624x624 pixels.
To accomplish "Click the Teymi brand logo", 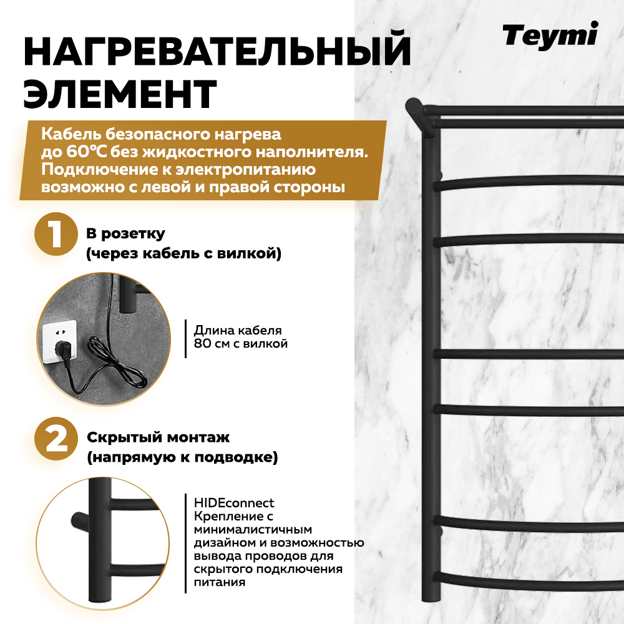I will pyautogui.click(x=550, y=35).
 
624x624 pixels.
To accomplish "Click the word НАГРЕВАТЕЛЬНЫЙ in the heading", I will pyautogui.click(x=217, y=52).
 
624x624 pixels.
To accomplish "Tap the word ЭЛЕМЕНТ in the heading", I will pyautogui.click(x=120, y=95).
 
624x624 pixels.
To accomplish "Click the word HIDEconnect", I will pyautogui.click(x=234, y=503).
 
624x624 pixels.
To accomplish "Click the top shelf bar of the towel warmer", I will pyautogui.click(x=518, y=111).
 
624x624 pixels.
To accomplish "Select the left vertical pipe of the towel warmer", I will pyautogui.click(x=430, y=374).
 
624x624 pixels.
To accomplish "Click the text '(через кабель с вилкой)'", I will pyautogui.click(x=183, y=254).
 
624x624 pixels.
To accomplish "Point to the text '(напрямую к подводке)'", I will pyautogui.click(x=182, y=458).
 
